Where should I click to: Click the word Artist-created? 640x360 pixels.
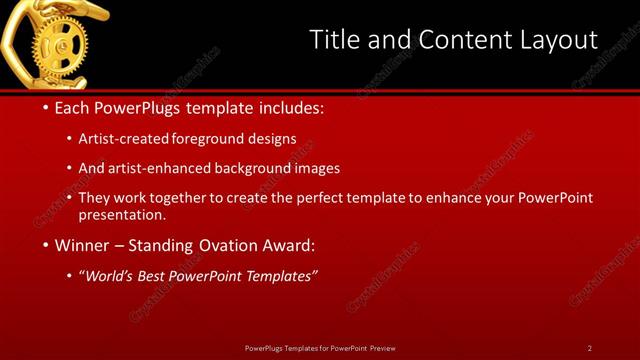pos(129,138)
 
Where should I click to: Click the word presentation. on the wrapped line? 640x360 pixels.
pos(121,214)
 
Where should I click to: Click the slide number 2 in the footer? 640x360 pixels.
pos(590,348)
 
